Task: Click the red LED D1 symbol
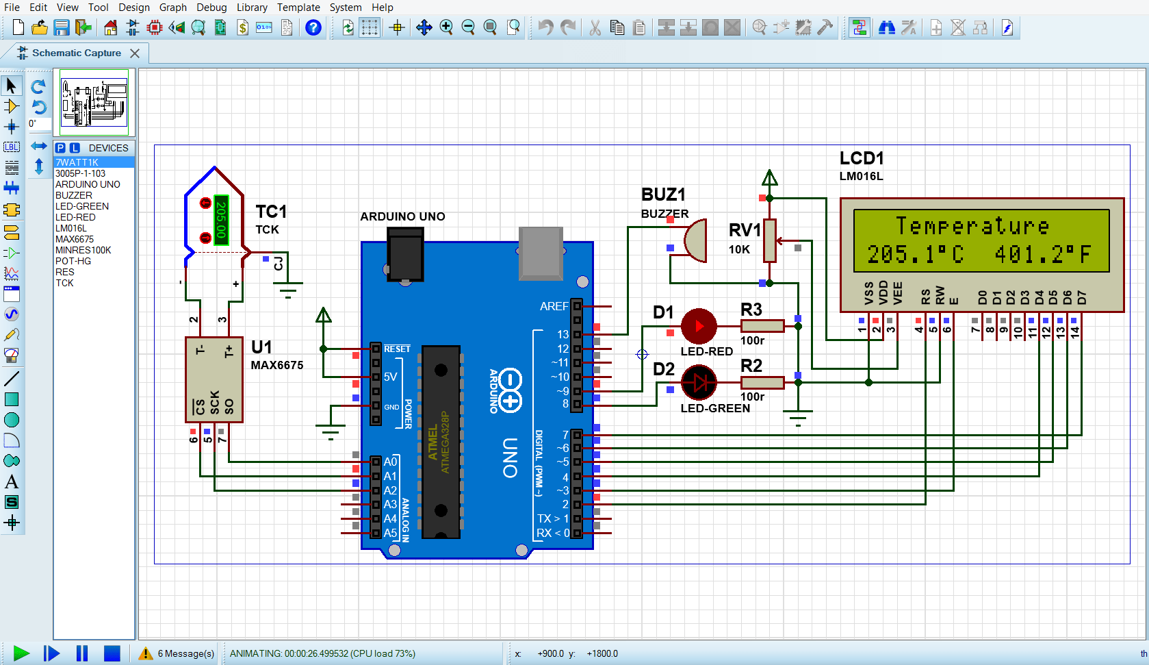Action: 699,326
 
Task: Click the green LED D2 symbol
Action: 699,383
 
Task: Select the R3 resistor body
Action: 762,326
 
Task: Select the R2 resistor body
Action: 762,383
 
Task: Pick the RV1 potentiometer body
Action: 770,240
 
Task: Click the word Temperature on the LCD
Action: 972,226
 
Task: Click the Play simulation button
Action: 21,653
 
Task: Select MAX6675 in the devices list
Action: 75,239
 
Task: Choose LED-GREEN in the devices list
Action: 82,206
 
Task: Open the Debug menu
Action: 211,7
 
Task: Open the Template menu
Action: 298,7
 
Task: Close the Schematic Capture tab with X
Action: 135,53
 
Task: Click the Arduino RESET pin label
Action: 397,349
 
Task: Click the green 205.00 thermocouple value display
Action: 220,219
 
